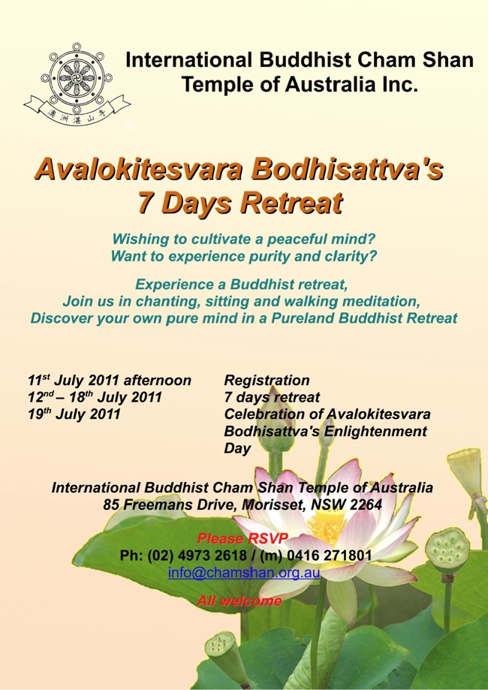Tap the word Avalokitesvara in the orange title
[x=138, y=170]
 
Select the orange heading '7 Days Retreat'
[x=239, y=203]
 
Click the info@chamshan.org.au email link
[x=244, y=573]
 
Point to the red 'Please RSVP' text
[x=242, y=538]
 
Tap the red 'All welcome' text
[x=239, y=601]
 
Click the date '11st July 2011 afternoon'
[x=110, y=380]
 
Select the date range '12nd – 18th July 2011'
[x=95, y=397]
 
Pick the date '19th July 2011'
[x=74, y=414]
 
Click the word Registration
[x=267, y=380]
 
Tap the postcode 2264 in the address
[x=365, y=505]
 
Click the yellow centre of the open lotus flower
[x=326, y=525]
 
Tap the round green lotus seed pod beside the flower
[x=447, y=551]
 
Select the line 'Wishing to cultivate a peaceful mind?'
[x=244, y=240]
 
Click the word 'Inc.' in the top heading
[x=397, y=84]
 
